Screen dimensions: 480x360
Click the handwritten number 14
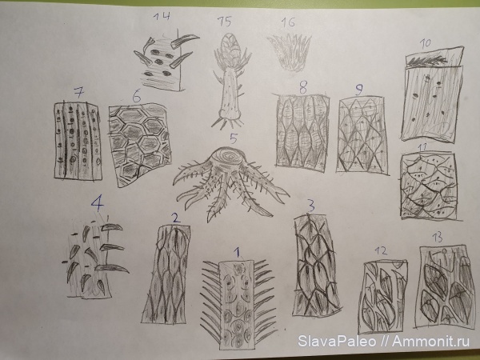[x=162, y=16]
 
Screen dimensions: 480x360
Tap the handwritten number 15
[x=225, y=22]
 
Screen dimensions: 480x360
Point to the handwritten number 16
[x=288, y=22]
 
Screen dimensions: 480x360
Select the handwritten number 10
[x=425, y=43]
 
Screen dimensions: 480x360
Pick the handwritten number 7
[x=79, y=92]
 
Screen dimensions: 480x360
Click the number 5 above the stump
[x=234, y=138]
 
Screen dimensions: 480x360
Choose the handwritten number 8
[x=302, y=87]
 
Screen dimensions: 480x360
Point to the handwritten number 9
[x=359, y=90]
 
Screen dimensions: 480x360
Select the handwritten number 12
[x=381, y=251]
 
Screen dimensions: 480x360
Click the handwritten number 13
[x=437, y=238]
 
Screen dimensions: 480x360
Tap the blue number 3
[x=310, y=206]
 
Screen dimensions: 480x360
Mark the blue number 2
[x=176, y=218]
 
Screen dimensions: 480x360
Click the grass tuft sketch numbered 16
[x=290, y=52]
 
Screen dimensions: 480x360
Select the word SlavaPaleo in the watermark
[x=337, y=341]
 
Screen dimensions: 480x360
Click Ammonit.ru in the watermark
[x=430, y=341]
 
